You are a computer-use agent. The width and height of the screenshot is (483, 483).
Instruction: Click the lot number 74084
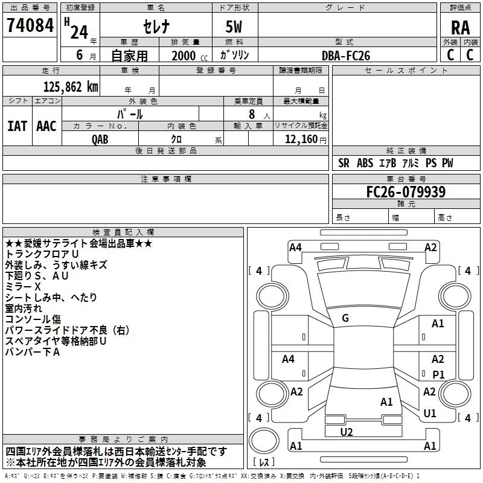coord(30,26)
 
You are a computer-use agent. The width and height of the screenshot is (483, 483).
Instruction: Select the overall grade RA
coord(460,27)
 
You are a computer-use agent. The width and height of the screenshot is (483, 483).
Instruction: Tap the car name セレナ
coord(155,27)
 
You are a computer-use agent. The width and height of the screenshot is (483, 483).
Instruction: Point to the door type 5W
coord(234,27)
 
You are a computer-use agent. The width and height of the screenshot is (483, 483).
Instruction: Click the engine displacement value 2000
coord(184,56)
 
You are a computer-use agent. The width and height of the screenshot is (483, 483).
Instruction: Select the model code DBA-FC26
coord(346,56)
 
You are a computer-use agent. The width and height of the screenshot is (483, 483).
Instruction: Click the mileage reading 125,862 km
coord(71,86)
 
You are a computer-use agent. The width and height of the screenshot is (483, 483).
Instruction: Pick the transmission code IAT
coord(18,126)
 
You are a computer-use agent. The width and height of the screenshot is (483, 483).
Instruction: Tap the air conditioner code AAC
coord(46,126)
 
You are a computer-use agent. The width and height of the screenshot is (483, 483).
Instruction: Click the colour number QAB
coord(101,138)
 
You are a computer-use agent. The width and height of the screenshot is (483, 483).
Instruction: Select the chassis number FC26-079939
coord(406,192)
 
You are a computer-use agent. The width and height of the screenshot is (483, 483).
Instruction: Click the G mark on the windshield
coord(345,318)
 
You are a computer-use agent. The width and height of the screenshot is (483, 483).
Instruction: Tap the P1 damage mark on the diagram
coord(438,374)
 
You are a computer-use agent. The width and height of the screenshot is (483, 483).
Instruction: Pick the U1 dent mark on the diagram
coord(430,413)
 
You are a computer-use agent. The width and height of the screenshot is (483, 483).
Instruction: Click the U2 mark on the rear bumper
coord(347,432)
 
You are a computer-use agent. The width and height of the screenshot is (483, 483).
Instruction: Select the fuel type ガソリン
coord(234,56)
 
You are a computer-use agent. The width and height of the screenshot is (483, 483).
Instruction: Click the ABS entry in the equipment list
coord(365,163)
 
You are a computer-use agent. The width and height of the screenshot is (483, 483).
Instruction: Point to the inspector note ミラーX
coord(22,286)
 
